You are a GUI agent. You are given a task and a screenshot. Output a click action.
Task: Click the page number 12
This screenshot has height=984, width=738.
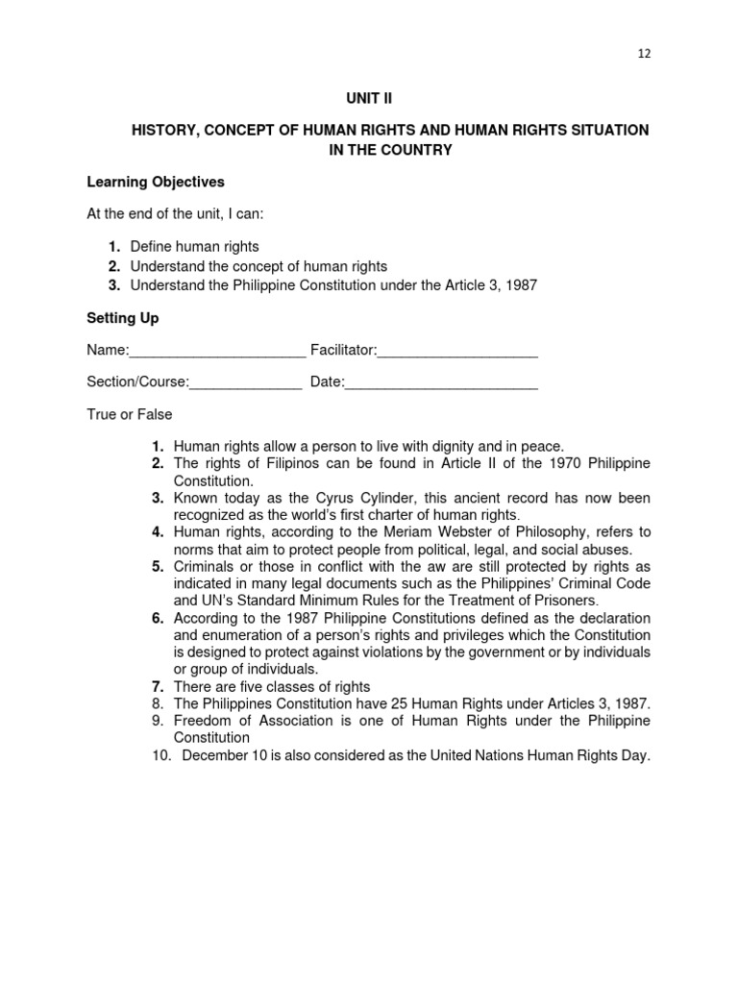click(x=644, y=54)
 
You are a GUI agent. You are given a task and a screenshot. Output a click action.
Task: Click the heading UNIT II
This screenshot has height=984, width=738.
click(x=369, y=98)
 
